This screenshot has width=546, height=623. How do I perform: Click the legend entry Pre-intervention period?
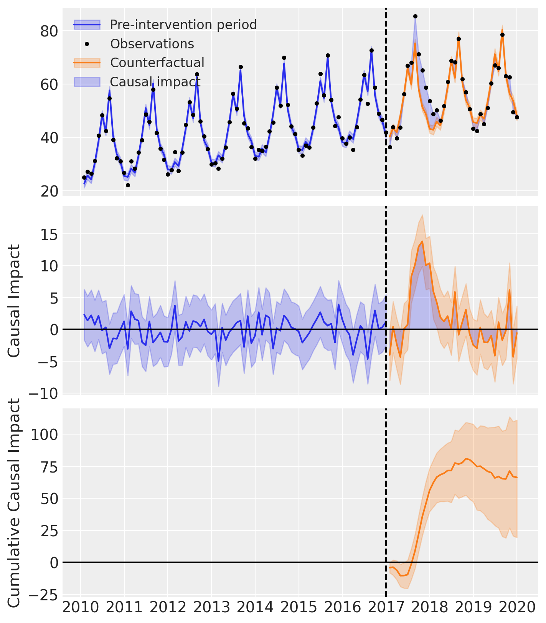(183, 25)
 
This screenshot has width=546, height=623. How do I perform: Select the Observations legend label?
(152, 44)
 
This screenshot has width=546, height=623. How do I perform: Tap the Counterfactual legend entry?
(157, 63)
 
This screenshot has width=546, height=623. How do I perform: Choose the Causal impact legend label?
(155, 82)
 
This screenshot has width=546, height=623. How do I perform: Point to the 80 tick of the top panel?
(49, 31)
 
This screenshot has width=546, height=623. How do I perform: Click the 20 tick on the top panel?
(49, 191)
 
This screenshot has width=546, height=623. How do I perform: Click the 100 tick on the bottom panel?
(45, 435)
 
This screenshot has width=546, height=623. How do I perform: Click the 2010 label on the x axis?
(80, 608)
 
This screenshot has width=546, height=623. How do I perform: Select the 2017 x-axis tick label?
(386, 608)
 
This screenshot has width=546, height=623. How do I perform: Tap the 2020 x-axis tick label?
(516, 608)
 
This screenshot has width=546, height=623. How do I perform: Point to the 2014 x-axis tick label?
(255, 608)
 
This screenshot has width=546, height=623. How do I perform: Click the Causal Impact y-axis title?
(14, 301)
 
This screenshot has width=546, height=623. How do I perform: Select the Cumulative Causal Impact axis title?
(14, 503)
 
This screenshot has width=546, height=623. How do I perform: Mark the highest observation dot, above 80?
(415, 16)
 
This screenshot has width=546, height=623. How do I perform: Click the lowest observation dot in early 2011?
(128, 185)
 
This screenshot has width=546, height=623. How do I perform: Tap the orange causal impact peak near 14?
(422, 241)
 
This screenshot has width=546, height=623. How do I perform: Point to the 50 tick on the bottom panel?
(49, 499)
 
